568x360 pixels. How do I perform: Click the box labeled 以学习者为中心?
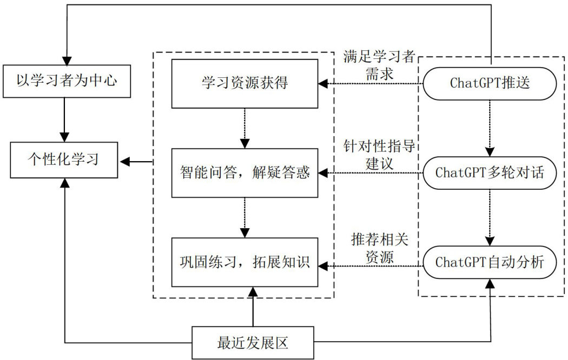[x=65, y=82]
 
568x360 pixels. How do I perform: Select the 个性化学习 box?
[x=65, y=160]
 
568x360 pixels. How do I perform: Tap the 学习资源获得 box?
[x=245, y=83]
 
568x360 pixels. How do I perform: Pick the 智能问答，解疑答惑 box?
[x=245, y=173]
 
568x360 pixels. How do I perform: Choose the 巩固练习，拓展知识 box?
[x=245, y=262]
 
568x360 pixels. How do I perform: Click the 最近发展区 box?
[x=253, y=342]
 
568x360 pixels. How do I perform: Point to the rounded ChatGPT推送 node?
[x=490, y=83]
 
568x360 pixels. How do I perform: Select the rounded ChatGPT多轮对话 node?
[x=490, y=173]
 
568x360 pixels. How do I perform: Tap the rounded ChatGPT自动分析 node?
[x=490, y=262]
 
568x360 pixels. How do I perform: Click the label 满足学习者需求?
[x=379, y=64]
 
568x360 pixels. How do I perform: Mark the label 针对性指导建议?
[x=379, y=154]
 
